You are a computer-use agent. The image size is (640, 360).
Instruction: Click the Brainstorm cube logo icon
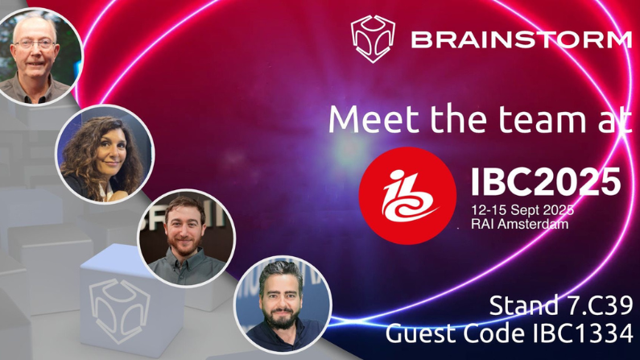(x=372, y=38)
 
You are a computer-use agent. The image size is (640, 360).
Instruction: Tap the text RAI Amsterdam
(x=520, y=224)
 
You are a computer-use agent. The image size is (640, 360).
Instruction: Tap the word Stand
(x=516, y=306)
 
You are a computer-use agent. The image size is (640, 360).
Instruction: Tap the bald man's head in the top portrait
(x=34, y=24)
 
